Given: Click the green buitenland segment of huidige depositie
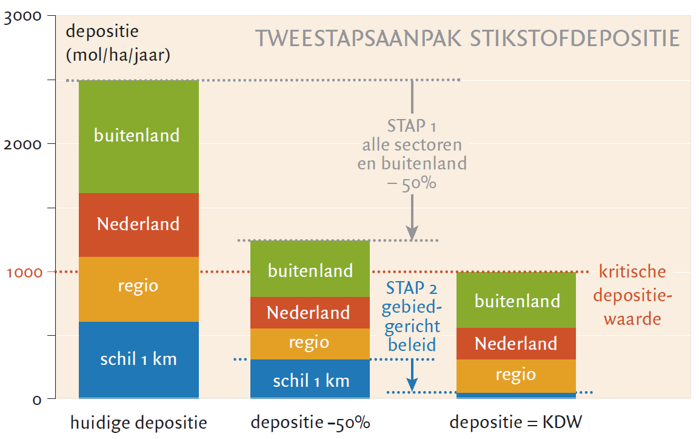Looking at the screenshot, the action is tap(139, 137).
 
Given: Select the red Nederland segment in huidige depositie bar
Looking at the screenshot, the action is tap(139, 225).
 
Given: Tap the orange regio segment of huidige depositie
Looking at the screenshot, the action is tap(139, 290).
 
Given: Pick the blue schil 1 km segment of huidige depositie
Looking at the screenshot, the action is tap(139, 360).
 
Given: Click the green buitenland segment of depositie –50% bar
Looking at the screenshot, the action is tap(310, 269).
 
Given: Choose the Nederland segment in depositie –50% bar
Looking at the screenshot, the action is tap(310, 313).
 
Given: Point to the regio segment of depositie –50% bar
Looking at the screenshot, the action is tap(310, 344).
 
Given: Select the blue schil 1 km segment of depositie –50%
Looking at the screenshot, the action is tap(310, 379).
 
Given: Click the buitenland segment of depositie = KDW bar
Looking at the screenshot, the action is tap(517, 300).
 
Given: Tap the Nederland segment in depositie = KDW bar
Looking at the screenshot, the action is tap(517, 344).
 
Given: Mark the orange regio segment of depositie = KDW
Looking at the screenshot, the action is tap(517, 376).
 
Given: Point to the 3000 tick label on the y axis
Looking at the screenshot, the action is tap(22, 16).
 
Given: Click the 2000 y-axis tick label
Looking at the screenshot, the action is tap(22, 145).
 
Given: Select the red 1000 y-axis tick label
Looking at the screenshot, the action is tap(24, 273).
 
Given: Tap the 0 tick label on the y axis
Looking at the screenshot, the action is tap(37, 400).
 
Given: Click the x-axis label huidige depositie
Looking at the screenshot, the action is tap(139, 423).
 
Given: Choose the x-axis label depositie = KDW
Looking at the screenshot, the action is tap(516, 422).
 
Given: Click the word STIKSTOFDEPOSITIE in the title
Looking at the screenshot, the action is tap(575, 38).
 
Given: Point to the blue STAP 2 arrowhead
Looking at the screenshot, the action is tap(412, 384).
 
